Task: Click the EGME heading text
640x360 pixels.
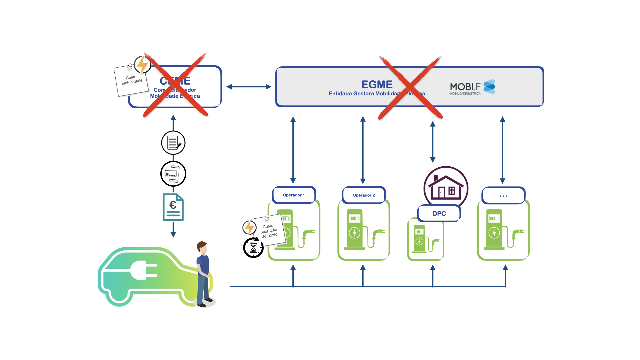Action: [x=377, y=84]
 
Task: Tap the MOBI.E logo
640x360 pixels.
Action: [x=472, y=87]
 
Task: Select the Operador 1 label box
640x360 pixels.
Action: [x=294, y=195]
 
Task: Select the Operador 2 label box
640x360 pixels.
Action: [x=364, y=195]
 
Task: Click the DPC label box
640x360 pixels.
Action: [x=439, y=213]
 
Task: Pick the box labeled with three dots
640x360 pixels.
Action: [x=503, y=196]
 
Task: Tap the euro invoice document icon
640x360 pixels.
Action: [x=173, y=207]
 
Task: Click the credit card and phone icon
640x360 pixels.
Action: [x=173, y=174]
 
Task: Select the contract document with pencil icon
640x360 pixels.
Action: [x=173, y=143]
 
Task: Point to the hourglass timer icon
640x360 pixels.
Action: [x=253, y=248]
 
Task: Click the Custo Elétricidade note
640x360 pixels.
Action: [x=131, y=81]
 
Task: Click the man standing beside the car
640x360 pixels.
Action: [x=204, y=273]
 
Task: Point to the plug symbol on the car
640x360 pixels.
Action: [x=144, y=270]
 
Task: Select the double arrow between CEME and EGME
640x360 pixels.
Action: [x=249, y=87]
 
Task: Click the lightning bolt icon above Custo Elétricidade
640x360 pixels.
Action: [x=143, y=64]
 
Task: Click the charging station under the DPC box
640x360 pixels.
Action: [x=426, y=239]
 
